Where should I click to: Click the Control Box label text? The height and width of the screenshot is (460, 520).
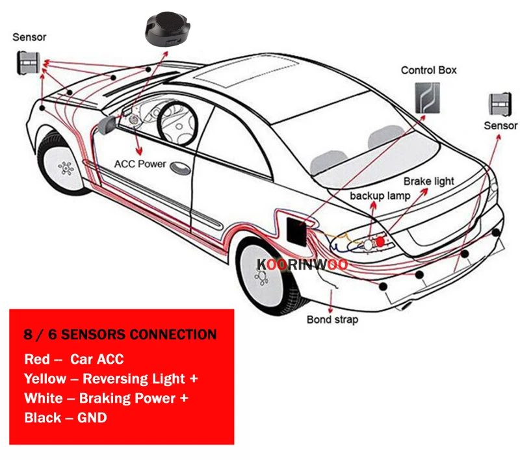[x=428, y=70]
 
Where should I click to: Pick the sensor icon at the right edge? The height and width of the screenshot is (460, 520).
[x=500, y=104]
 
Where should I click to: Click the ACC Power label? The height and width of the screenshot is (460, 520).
[x=140, y=164]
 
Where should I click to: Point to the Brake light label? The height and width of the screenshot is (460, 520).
[x=429, y=181]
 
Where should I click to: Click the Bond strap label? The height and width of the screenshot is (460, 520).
[x=332, y=319]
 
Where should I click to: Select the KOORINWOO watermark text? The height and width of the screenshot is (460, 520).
[x=302, y=264]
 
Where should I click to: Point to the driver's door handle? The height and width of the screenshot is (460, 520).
[x=177, y=166]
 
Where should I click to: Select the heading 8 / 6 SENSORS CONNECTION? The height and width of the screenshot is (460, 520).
[x=120, y=335]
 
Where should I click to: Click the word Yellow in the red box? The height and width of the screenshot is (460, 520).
[x=45, y=378]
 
